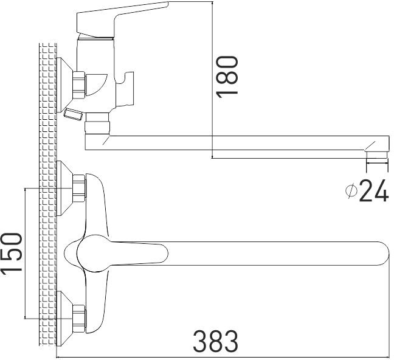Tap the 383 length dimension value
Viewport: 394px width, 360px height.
216,341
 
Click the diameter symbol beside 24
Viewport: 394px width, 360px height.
351,190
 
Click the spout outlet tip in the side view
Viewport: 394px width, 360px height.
376,154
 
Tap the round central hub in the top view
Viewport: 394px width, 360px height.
93,254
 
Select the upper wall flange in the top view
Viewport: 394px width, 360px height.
64,189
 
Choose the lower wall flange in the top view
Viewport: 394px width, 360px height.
64,319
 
